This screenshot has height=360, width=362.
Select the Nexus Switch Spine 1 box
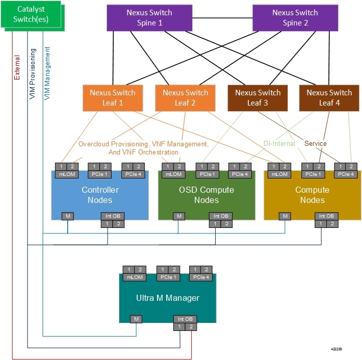coord(149,18)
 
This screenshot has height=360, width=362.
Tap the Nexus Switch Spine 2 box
coord(295,18)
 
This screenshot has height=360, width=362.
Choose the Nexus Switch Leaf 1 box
coord(113,97)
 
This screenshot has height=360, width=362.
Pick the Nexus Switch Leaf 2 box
coord(185,97)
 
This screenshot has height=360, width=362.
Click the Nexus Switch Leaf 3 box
coord(257,97)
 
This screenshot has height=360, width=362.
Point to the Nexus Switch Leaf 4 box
coord(329,97)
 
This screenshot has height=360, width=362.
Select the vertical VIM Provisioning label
coord(33,74)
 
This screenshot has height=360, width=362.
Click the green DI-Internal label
coord(279,144)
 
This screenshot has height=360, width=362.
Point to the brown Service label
coord(315,144)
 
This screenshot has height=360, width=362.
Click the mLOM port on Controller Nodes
coord(67,174)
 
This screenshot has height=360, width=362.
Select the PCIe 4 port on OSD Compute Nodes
coord(240,174)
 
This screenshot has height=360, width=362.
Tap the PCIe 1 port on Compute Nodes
coord(313,174)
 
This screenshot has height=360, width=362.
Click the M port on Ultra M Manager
coord(135,319)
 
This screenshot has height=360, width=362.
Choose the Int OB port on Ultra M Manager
coord(184,319)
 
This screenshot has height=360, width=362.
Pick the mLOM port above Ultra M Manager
coord(135,277)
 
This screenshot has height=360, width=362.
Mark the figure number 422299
coord(336,349)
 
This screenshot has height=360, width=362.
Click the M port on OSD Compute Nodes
coord(178,216)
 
